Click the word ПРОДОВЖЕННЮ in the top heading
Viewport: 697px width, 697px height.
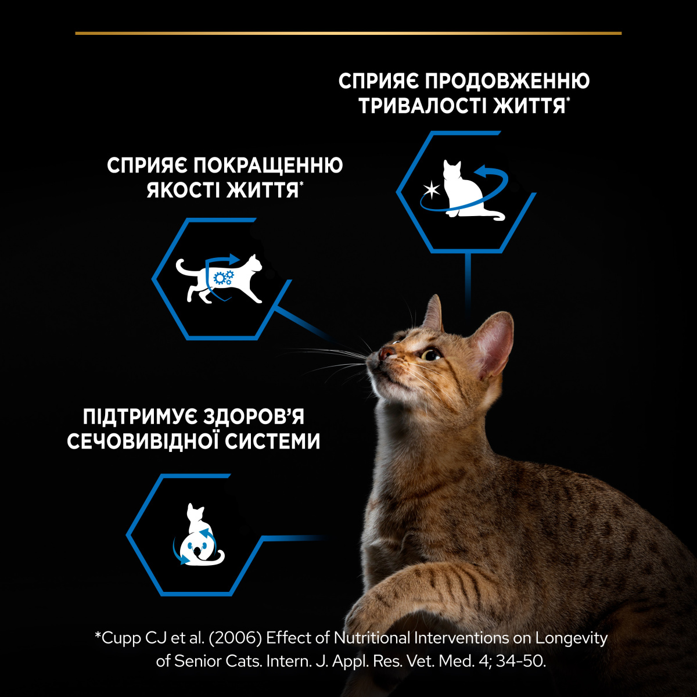[512, 81]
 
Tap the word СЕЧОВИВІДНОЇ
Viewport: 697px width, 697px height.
[142, 441]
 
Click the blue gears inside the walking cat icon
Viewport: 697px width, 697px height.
[223, 278]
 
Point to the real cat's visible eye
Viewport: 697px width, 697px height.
[430, 355]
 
